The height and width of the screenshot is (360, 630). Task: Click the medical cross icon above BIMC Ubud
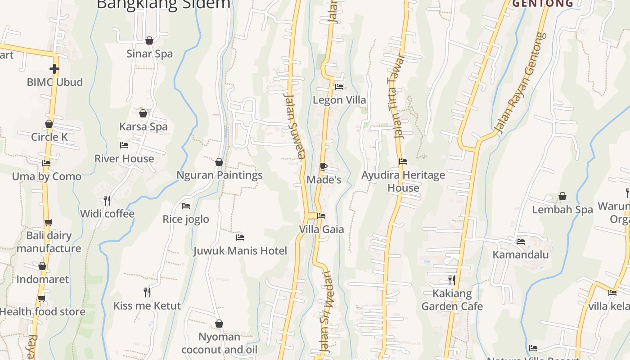[54, 69]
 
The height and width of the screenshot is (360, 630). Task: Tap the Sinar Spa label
[149, 54]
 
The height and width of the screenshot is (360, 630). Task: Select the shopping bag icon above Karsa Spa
[143, 113]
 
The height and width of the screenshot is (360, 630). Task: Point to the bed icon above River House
[124, 145]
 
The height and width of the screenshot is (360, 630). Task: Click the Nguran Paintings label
[219, 175]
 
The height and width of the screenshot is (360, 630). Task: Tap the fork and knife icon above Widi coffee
[107, 200]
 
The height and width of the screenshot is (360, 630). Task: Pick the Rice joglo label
[186, 219]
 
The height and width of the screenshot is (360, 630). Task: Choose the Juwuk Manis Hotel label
[240, 251]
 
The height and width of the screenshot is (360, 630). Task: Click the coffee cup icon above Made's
[324, 167]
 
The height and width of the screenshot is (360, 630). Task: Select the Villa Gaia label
[321, 229]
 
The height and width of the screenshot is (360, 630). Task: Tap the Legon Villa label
[339, 100]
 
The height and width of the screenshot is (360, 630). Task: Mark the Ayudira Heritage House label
[403, 181]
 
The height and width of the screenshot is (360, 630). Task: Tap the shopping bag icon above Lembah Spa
[562, 196]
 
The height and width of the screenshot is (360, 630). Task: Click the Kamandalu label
[521, 255]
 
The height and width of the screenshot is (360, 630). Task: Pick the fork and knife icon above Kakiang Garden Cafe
[452, 280]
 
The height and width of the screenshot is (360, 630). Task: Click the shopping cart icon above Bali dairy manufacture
[49, 222]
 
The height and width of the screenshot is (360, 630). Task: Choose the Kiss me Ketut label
[147, 306]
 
